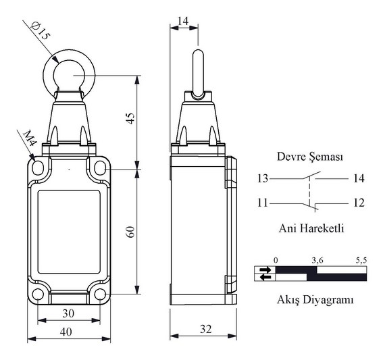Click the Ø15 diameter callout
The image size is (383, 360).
[x=41, y=31]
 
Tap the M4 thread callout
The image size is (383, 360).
[x=30, y=138]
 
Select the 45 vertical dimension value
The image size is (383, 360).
[x=131, y=118]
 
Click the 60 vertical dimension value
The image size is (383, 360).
[x=131, y=232]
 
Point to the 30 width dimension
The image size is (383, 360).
[x=68, y=313]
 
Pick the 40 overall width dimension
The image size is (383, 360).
[x=66, y=332]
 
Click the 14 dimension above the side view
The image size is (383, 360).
[x=183, y=21]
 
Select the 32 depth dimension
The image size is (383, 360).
[x=205, y=329]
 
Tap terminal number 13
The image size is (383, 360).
[x=263, y=178]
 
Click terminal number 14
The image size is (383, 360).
[x=359, y=178]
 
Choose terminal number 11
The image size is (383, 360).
[x=263, y=203]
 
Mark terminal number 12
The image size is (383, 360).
[x=359, y=203]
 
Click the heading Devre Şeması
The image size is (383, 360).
[x=310, y=157]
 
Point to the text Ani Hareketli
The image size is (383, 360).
[x=311, y=228]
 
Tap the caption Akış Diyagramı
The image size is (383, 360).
[x=315, y=300]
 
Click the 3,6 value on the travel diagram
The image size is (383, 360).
[x=317, y=261]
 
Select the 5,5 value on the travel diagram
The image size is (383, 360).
[x=361, y=261]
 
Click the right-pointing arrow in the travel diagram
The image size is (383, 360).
[x=265, y=270]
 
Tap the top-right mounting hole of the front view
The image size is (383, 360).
[x=100, y=168]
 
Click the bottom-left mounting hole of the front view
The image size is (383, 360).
[x=38, y=294]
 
